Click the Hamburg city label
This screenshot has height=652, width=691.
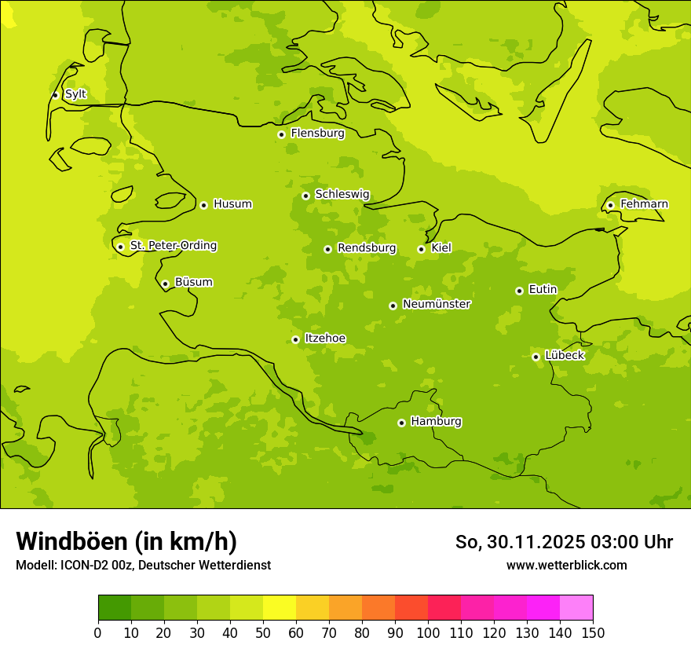pos(436,422)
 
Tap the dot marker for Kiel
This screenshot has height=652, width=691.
pos(421,249)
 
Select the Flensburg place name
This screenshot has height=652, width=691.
pos(317,134)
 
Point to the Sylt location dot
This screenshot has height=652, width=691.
pos(55,95)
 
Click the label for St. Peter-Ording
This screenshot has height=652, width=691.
pos(173,246)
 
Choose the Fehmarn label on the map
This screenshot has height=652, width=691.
pos(644,204)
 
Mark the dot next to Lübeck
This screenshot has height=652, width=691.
pos(536,357)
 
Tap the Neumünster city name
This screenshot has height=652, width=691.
pos(436,304)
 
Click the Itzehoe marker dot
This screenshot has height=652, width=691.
pos(295,339)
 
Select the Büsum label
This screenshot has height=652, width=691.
pos(193,282)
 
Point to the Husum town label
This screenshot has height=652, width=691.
pos(232,204)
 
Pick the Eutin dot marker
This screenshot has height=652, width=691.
pos(519,291)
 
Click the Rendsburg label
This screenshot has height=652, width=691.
pos(366,248)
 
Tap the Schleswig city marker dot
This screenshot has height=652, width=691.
pos(305,196)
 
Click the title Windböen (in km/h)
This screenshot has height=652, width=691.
pos(126,541)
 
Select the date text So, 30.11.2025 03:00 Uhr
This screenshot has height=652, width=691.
pos(564,542)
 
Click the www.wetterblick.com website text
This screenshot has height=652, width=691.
pos(566,565)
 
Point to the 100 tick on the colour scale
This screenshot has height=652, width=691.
pos(428,632)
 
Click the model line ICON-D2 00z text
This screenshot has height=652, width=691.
pos(143,565)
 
